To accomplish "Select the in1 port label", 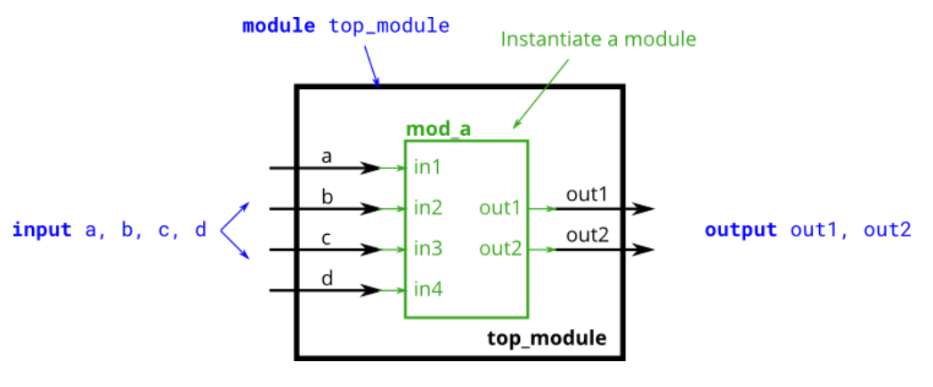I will (x=427, y=167).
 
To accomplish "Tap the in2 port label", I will (x=428, y=209).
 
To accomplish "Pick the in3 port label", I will (x=428, y=249).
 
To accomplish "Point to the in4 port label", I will (x=428, y=289).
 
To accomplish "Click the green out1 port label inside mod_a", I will (x=499, y=209).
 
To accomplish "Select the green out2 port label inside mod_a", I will (x=499, y=249).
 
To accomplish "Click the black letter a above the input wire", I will (x=327, y=157).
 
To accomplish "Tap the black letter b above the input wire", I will (x=327, y=197).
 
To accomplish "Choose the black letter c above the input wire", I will (x=327, y=238).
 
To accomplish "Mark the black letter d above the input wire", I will (x=327, y=278).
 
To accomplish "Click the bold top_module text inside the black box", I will (x=547, y=338).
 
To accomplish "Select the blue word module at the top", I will (x=279, y=26).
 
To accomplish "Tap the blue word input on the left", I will (x=42, y=230).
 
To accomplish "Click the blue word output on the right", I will (x=741, y=230).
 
